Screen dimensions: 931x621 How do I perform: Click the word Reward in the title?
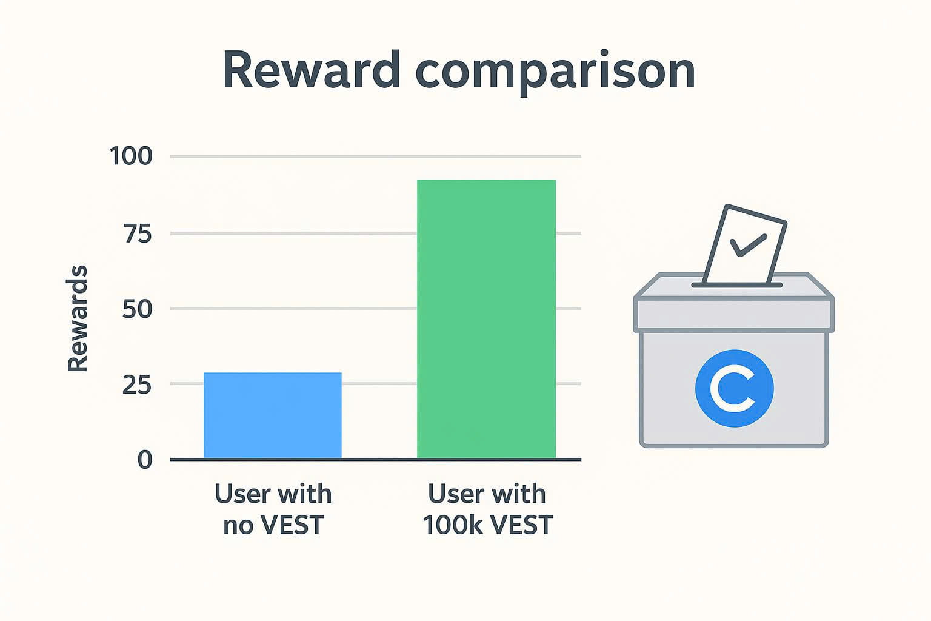pos(311,69)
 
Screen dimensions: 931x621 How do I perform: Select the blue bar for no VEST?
pos(273,415)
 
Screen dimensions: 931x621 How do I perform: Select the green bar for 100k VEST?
pos(486,319)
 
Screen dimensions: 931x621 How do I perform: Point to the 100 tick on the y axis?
pos(131,156)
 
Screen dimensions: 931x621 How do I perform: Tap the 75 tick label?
pos(138,233)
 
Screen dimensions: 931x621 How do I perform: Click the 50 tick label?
pos(138,309)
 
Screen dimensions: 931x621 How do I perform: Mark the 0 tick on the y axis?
pos(145,460)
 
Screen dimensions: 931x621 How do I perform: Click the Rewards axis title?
pos(78,318)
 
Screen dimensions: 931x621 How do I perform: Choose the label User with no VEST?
pos(273,509)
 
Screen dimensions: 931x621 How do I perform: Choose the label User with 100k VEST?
pos(487,509)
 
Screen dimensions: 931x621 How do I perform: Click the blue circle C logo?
pos(735,388)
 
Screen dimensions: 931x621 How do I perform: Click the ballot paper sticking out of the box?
pos(744,244)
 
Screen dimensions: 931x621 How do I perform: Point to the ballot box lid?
pos(734,303)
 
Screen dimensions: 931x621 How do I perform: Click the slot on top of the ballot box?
pos(737,286)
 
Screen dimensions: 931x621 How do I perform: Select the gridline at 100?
pos(375,157)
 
